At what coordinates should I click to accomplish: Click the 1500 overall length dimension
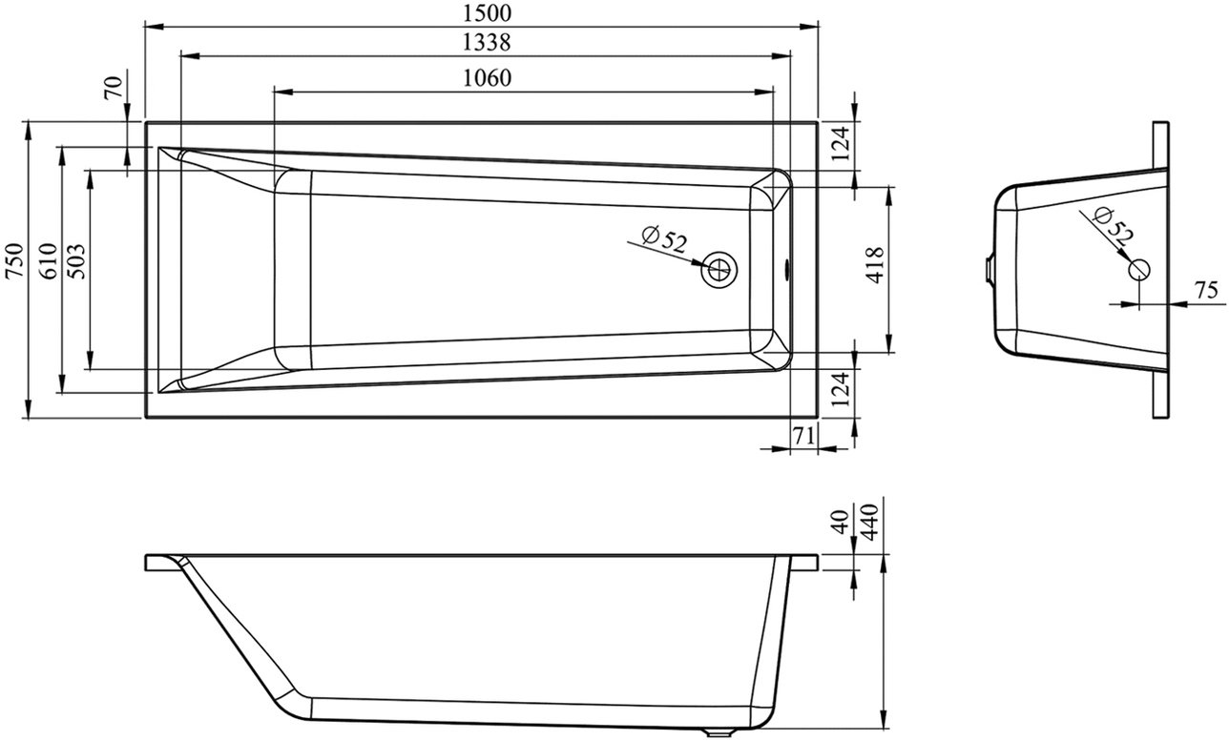pyautogui.click(x=487, y=12)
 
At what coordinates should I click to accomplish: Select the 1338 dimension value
pyautogui.click(x=487, y=42)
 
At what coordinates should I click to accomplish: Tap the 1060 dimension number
pyautogui.click(x=487, y=78)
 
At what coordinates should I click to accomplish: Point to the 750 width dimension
pyautogui.click(x=15, y=260)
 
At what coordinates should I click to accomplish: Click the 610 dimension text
pyautogui.click(x=49, y=261)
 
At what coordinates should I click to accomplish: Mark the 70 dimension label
pyautogui.click(x=113, y=87)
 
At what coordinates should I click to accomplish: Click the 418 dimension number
pyautogui.click(x=875, y=265)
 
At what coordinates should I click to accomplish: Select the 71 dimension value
pyautogui.click(x=803, y=436)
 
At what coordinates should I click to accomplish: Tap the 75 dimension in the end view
pyautogui.click(x=1206, y=291)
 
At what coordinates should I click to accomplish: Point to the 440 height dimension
pyautogui.click(x=871, y=523)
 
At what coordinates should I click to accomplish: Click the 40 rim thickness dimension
pyautogui.click(x=841, y=522)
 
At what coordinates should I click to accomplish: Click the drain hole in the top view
pyautogui.click(x=719, y=269)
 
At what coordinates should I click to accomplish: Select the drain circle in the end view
pyautogui.click(x=1139, y=269)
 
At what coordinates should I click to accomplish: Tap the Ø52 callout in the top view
pyautogui.click(x=664, y=240)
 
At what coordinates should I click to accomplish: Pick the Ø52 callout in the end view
pyautogui.click(x=1114, y=225)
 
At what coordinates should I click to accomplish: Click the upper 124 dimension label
pyautogui.click(x=841, y=143)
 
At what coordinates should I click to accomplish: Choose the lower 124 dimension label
pyautogui.click(x=841, y=389)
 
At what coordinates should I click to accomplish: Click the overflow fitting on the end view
pyautogui.click(x=989, y=269)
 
